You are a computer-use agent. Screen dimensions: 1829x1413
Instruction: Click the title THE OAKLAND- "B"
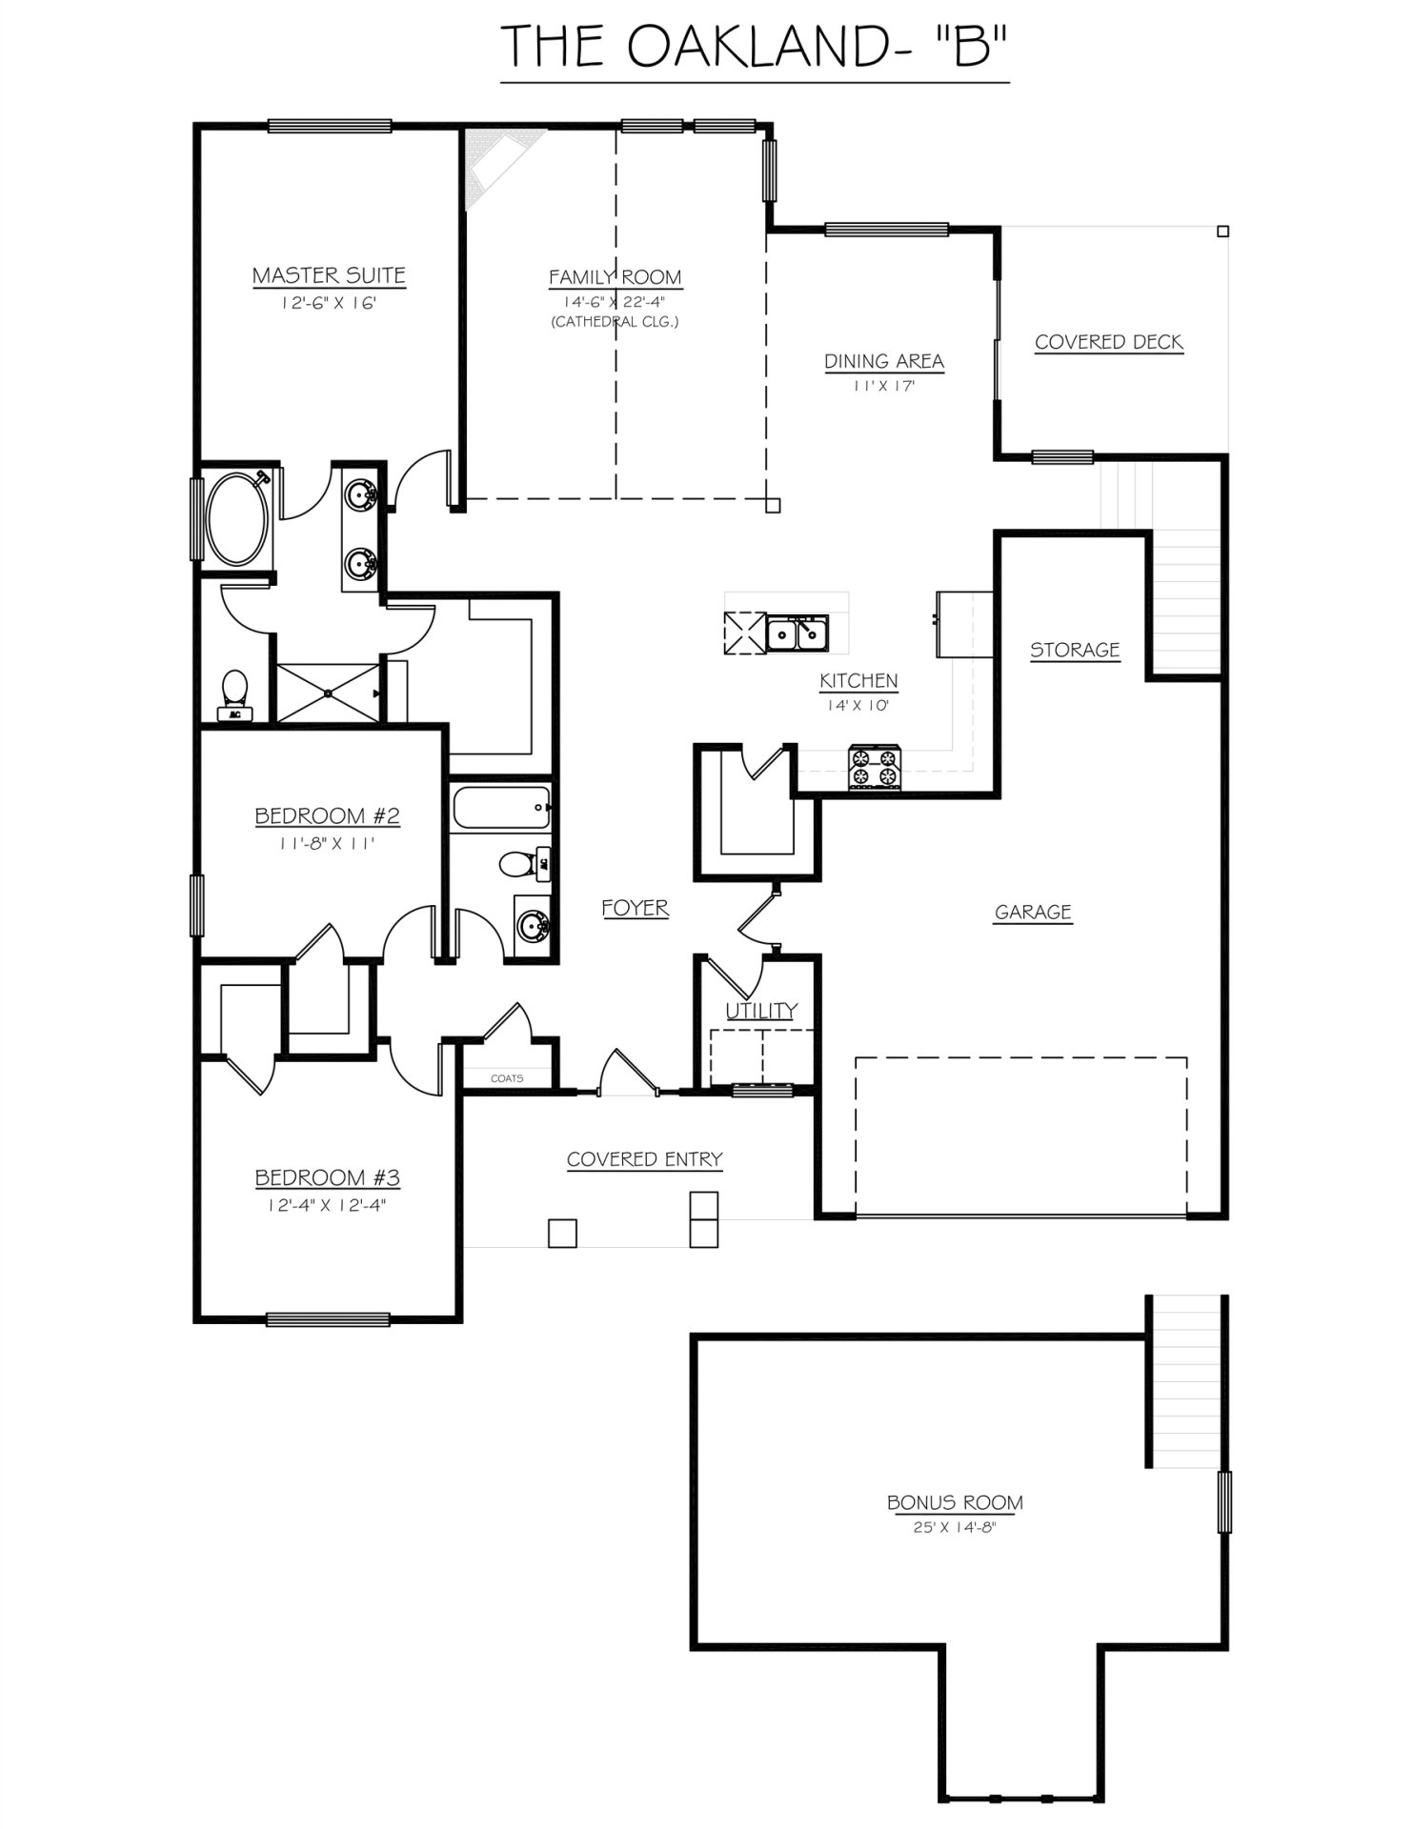[754, 46]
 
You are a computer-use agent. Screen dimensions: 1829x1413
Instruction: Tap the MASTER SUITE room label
[329, 275]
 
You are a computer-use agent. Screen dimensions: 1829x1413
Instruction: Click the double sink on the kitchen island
[798, 633]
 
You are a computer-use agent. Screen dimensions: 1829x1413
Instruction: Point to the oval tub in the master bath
[232, 519]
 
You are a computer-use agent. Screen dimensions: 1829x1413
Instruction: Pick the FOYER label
[635, 908]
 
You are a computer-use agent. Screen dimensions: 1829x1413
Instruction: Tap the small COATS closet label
[506, 1078]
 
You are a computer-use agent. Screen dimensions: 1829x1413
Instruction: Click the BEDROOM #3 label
[327, 1177]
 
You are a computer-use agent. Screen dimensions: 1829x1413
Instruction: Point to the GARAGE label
[1033, 912]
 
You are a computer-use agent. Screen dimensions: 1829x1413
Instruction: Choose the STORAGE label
[1074, 650]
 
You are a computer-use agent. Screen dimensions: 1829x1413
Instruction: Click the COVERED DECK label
[1108, 342]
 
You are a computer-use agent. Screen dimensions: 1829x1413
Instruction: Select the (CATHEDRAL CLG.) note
[615, 322]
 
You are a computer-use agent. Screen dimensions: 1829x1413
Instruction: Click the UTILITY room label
[761, 1011]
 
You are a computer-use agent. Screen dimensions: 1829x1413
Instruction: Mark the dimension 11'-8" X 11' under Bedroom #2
[327, 843]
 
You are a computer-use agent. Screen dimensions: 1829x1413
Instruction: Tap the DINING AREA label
[883, 361]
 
